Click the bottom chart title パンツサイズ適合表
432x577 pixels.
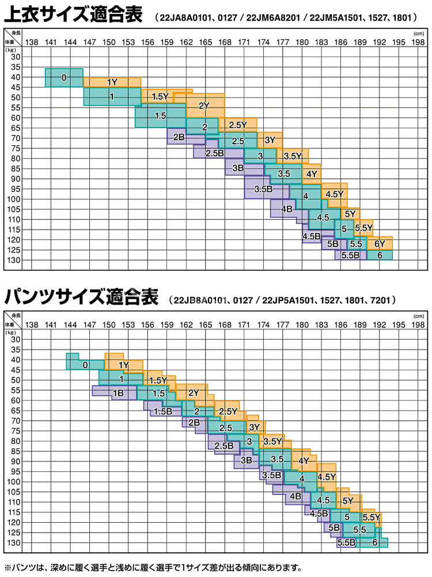pyautogui.click(x=81, y=298)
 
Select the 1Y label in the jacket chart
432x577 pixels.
pyautogui.click(x=112, y=82)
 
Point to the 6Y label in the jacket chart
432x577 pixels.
pyautogui.click(x=380, y=244)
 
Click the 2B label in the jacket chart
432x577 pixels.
pyautogui.click(x=179, y=137)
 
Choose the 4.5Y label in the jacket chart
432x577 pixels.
pyautogui.click(x=335, y=194)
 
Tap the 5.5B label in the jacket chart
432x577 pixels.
pyautogui.click(x=350, y=255)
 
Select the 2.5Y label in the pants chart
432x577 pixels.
pyautogui.click(x=229, y=411)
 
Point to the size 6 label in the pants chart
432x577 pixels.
pyautogui.click(x=375, y=542)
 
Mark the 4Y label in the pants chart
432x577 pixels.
pyautogui.click(x=304, y=460)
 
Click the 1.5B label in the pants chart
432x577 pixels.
pyautogui.click(x=163, y=411)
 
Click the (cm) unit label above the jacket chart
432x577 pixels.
pyautogui.click(x=418, y=33)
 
